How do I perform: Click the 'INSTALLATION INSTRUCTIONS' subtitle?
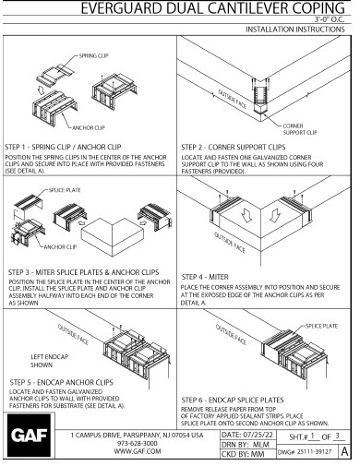(301, 30)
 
